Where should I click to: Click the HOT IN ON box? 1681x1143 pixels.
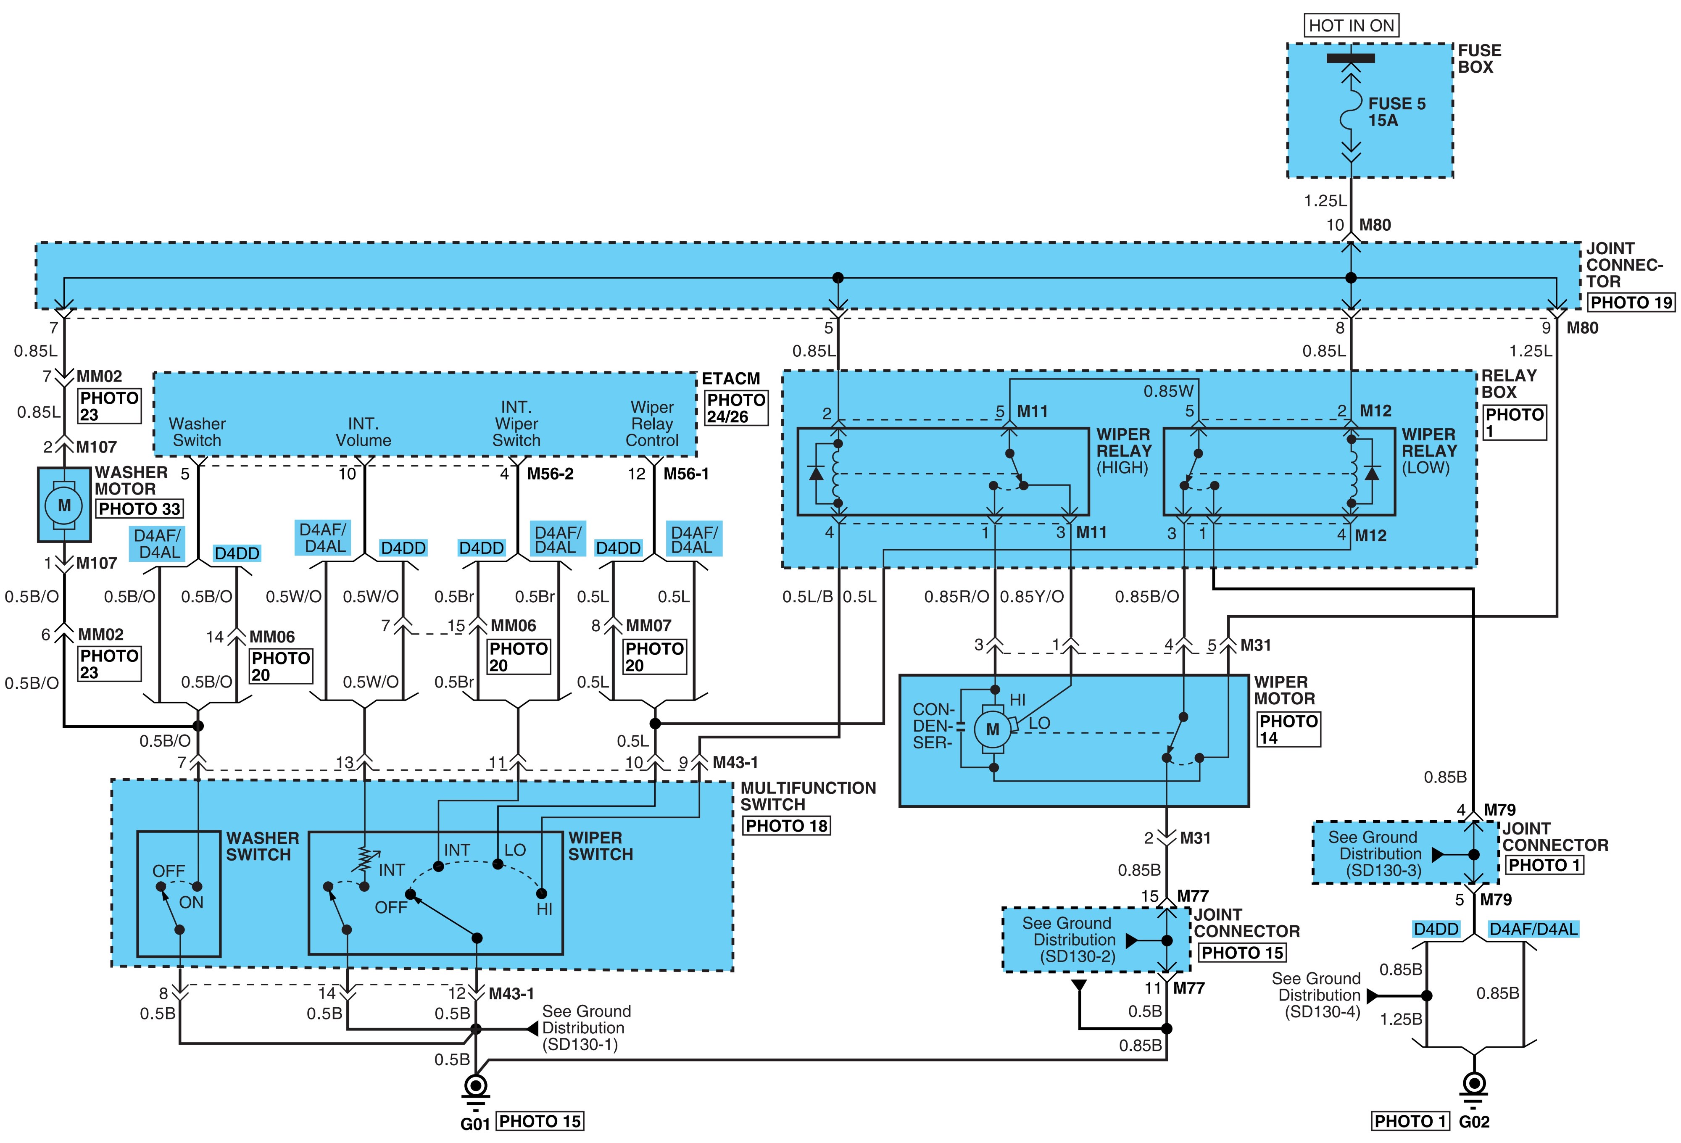pyautogui.click(x=1351, y=25)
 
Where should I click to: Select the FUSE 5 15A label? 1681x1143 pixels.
pyautogui.click(x=1396, y=112)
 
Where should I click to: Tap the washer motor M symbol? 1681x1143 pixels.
pyautogui.click(x=64, y=505)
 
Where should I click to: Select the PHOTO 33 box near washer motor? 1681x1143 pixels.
pyautogui.click(x=139, y=508)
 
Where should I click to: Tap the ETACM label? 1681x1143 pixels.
pyautogui.click(x=730, y=378)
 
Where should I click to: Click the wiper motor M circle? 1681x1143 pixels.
pyautogui.click(x=992, y=729)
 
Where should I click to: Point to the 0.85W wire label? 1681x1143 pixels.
pyautogui.click(x=1168, y=391)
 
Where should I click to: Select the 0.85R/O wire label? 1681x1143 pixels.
pyautogui.click(x=956, y=597)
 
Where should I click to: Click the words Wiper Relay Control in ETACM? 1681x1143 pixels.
pyautogui.click(x=652, y=424)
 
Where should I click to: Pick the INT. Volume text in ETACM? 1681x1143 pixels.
pyautogui.click(x=363, y=432)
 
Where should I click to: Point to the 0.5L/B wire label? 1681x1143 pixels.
pyautogui.click(x=807, y=597)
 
